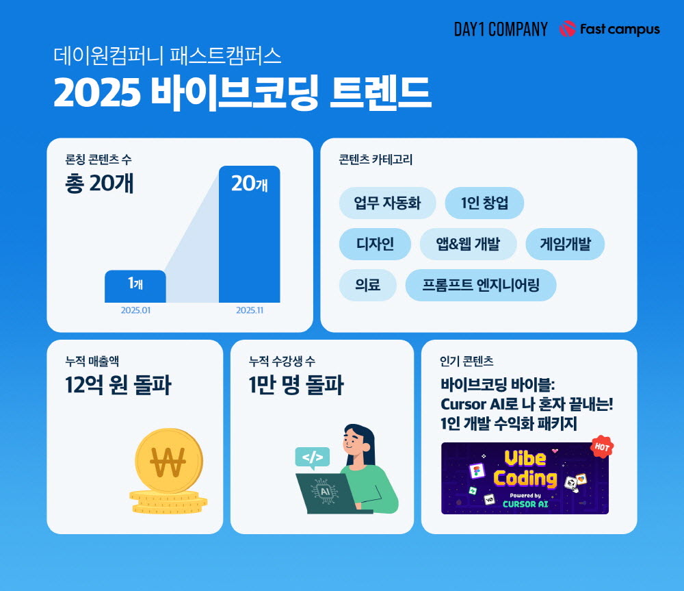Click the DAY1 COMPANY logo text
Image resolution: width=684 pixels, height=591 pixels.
pos(501,29)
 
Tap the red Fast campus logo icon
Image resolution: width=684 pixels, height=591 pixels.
pos(568,29)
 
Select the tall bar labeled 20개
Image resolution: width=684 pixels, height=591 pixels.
pos(250,234)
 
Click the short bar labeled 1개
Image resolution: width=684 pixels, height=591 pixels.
pos(135,286)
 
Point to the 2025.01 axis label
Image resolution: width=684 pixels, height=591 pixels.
pos(135,310)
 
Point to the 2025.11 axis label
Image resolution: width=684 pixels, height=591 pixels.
pos(250,310)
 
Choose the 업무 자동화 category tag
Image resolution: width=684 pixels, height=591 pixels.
pos(387,203)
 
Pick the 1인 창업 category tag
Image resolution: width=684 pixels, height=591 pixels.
pos(484,203)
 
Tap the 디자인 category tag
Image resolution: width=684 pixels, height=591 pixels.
pos(375,244)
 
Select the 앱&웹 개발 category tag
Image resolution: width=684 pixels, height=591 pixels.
pos(468,244)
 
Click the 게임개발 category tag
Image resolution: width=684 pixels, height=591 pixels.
pos(565,244)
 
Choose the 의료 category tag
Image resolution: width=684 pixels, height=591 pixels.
pos(368,285)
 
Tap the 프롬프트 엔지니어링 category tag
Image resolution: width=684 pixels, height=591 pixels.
pos(481,285)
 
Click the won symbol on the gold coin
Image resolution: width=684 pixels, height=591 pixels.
pos(168,462)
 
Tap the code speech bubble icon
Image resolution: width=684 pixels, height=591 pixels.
pos(313,458)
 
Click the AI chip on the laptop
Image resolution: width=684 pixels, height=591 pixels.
pos(325,492)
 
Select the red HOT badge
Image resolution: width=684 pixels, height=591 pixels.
pos(602,447)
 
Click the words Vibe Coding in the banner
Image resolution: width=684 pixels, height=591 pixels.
pos(525,468)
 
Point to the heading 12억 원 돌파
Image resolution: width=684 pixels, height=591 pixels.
pos(118,385)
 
